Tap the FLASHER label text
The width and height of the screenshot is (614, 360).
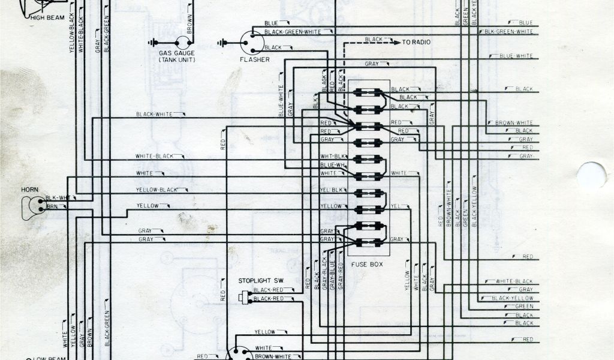coord(254,60)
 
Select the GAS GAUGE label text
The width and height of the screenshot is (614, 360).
coord(172,53)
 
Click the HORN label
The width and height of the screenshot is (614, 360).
coord(30,190)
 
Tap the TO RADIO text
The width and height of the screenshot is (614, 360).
coord(419,42)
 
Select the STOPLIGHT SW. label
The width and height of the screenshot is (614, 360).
coord(260,280)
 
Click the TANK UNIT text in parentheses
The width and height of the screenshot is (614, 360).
coord(173,61)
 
